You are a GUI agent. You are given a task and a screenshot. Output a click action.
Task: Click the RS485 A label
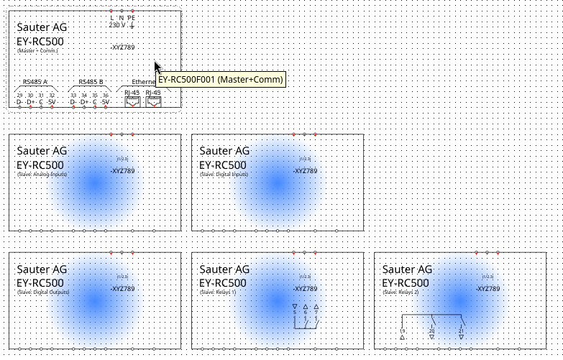35,82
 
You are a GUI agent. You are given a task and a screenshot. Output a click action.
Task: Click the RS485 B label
91,82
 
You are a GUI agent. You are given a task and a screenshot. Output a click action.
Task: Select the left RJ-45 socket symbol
132,102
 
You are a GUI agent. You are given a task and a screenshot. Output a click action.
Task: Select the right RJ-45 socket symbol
153,102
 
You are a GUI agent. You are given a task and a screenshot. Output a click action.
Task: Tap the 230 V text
117,25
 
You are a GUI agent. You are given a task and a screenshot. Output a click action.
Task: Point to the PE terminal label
131,17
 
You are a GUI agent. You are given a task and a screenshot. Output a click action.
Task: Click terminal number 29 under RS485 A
20,95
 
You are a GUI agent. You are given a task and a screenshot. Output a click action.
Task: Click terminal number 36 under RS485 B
105,95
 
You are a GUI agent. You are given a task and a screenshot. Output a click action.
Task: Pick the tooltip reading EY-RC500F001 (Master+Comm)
221,79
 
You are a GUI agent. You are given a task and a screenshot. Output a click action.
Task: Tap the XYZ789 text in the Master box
123,47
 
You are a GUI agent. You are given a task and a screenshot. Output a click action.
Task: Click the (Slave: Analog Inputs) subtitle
42,174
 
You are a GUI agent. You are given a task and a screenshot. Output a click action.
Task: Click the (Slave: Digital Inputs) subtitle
224,174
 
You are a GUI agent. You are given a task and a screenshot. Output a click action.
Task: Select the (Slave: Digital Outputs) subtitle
42,292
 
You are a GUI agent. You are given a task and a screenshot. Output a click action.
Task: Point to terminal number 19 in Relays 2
402,331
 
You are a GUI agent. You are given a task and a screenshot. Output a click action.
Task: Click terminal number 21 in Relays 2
461,331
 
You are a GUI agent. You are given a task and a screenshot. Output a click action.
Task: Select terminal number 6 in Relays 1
306,312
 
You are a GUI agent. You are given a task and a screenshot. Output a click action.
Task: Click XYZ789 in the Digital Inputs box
306,171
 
